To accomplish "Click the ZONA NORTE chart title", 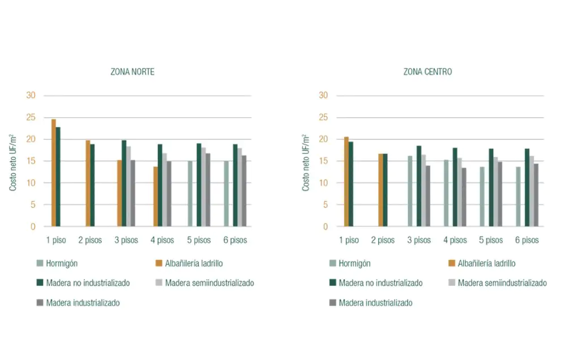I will tap(132, 72).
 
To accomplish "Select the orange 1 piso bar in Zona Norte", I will tap(54, 173).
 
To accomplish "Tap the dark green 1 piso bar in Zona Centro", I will tap(351, 184).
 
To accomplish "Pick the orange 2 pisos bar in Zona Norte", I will tap(88, 183).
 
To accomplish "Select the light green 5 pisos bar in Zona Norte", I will tap(190, 194).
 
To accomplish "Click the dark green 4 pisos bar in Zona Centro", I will tap(455, 187).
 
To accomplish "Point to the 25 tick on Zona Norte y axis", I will tap(31, 118).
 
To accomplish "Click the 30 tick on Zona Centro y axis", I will tap(323, 95).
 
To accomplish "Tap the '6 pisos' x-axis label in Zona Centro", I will tap(527, 240).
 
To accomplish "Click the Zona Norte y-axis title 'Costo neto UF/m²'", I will tap(12, 162).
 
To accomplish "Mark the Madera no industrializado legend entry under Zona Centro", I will tap(376, 283).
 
